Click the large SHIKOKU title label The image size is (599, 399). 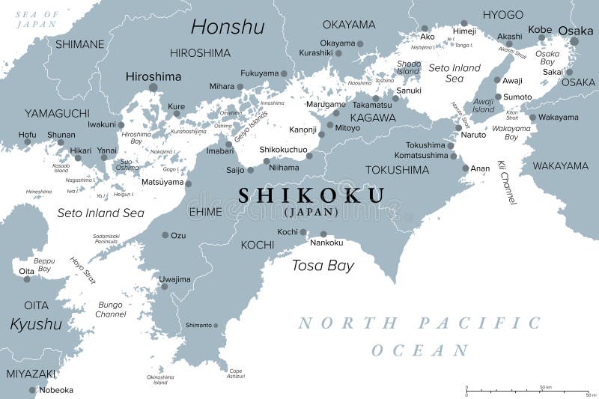click(311, 196)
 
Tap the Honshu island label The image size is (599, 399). click(228, 27)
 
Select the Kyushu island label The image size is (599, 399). click(36, 324)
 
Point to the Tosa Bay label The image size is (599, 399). click(323, 265)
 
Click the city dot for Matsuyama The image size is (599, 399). click(188, 183)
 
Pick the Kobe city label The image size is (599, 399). click(539, 29)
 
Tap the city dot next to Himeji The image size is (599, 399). click(463, 23)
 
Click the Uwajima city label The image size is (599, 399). click(175, 279)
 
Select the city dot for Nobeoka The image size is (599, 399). click(32, 390)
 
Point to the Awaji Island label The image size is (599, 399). click(483, 106)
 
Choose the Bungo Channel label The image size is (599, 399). click(111, 309)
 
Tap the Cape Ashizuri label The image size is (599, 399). click(236, 374)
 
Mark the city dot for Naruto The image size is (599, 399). click(458, 128)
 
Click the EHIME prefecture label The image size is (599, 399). click(206, 212)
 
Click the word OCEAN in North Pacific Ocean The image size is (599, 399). click(420, 350)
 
